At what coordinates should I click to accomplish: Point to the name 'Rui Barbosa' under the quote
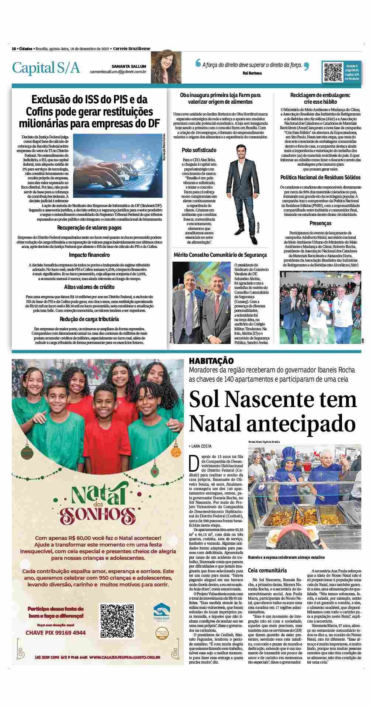tap(252, 73)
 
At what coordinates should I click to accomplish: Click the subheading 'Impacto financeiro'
tap(89, 255)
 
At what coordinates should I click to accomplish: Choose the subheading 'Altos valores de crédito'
tap(89, 287)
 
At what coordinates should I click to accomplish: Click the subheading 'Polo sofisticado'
tap(199, 150)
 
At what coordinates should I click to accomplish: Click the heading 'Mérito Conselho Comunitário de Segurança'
tap(220, 255)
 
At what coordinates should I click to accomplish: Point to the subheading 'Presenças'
tap(320, 223)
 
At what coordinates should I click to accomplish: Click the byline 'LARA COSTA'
tap(201, 446)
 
